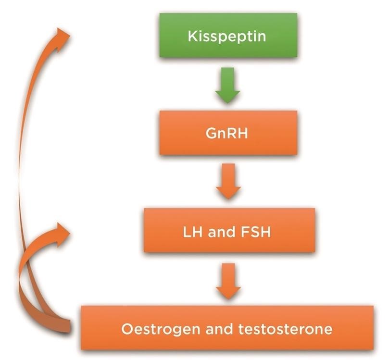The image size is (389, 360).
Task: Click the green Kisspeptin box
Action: [x=228, y=36]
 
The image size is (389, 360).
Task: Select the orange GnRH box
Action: [x=228, y=133]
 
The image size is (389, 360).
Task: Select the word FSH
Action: [x=260, y=234]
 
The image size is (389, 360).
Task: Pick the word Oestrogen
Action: [x=152, y=330]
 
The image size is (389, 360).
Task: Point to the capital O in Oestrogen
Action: [x=126, y=330]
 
